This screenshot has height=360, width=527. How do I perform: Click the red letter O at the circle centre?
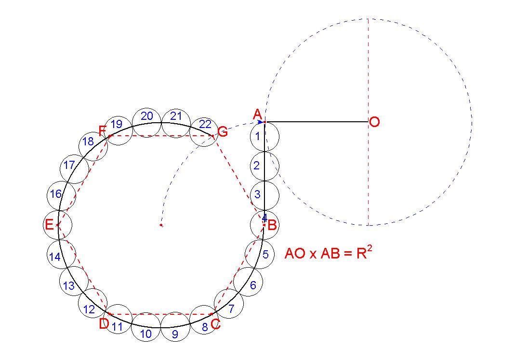click(x=374, y=122)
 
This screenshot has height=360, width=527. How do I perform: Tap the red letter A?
click(x=257, y=115)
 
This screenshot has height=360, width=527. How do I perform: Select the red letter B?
click(x=272, y=225)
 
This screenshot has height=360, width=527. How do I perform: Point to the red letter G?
click(x=223, y=132)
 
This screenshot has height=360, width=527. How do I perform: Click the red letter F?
click(x=102, y=130)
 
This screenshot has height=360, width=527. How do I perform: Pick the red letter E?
click(x=49, y=224)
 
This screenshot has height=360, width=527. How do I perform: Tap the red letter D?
click(x=104, y=324)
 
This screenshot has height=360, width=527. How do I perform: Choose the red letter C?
click(x=215, y=324)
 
